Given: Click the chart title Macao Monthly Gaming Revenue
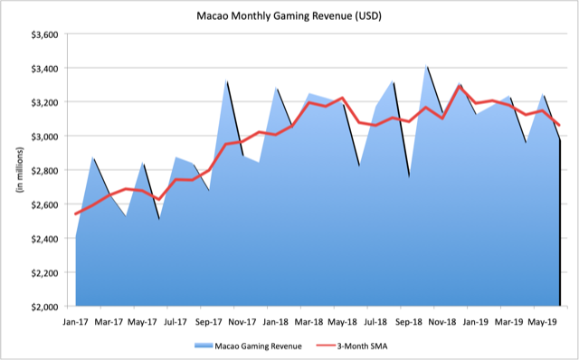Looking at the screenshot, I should pyautogui.click(x=289, y=15).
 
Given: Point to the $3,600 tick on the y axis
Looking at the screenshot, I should pyautogui.click(x=44, y=34).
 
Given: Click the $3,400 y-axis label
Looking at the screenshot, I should pyautogui.click(x=44, y=68).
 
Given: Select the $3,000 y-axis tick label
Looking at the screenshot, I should pyautogui.click(x=44, y=137).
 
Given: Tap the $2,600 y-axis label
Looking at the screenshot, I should pyautogui.click(x=44, y=204).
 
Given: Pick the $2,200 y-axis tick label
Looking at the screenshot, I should pyautogui.click(x=44, y=272).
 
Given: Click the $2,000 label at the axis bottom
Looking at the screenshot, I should pyautogui.click(x=44, y=307).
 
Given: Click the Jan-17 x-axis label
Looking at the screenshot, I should pyautogui.click(x=76, y=320).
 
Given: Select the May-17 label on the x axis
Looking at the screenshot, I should pyautogui.click(x=143, y=320).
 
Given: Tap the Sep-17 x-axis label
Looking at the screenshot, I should pyautogui.click(x=209, y=320).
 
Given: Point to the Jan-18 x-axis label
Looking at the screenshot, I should pyautogui.click(x=276, y=320).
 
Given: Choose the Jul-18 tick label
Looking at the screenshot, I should pyautogui.click(x=375, y=320).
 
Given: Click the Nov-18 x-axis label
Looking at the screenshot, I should pyautogui.click(x=442, y=320).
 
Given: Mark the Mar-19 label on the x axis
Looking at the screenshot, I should pyautogui.click(x=508, y=320).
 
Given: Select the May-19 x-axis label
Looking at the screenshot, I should pyautogui.click(x=542, y=320).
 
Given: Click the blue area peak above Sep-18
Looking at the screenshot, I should pyautogui.click(x=426, y=67).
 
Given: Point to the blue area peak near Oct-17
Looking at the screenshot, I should pyautogui.click(x=226, y=81).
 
